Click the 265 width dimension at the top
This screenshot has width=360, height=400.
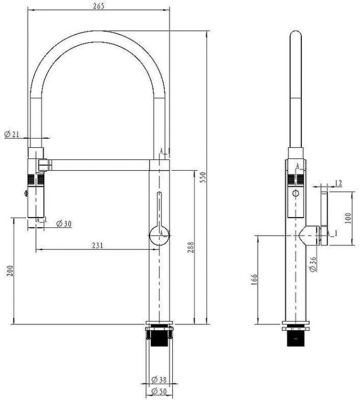point(98,6)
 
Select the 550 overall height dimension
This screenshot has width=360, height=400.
point(202,177)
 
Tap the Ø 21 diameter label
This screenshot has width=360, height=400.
point(12,134)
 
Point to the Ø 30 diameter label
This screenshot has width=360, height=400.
point(63,223)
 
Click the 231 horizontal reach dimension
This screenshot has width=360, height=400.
point(97,245)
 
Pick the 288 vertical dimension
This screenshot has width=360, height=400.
point(191,247)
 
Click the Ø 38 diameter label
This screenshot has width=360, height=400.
point(160,380)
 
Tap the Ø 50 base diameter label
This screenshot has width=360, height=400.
point(160,392)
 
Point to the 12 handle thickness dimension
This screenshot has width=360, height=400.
point(338,183)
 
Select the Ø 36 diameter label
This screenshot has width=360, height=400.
point(313,263)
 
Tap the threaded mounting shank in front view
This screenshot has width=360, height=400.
point(158,338)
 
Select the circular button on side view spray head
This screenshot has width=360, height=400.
point(295,193)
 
